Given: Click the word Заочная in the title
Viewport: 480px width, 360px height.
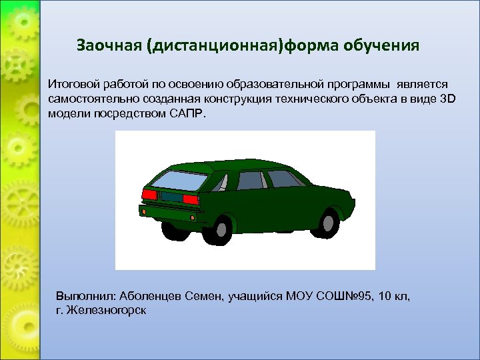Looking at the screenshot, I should [x=109, y=46].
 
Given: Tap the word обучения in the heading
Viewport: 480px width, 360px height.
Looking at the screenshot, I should [x=383, y=46].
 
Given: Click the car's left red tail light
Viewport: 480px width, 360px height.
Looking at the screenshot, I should [x=149, y=193].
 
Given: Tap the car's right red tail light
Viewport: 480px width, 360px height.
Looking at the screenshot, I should [x=189, y=197].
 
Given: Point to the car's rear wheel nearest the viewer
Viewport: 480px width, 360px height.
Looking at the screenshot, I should [x=219, y=230].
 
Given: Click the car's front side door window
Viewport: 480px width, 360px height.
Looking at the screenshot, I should [x=283, y=178].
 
